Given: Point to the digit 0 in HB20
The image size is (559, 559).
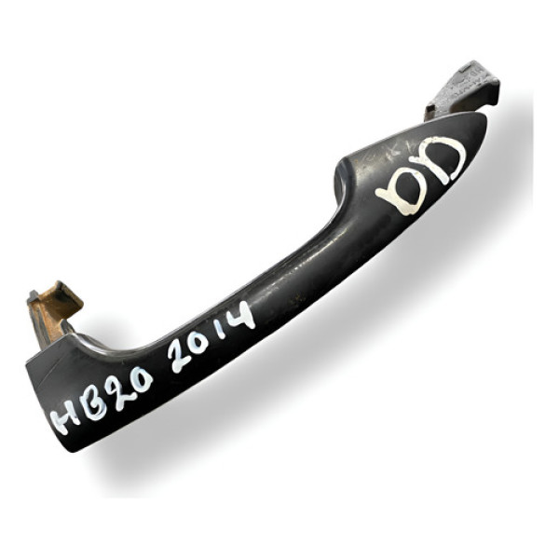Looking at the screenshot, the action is click(140, 378).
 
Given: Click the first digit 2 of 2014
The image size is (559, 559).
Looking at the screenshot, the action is click(183, 356).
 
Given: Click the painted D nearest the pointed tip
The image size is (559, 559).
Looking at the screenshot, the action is click(445, 159).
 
